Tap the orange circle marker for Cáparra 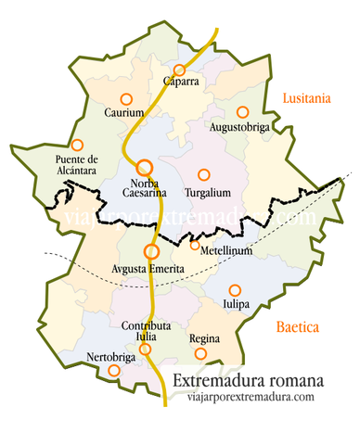(179, 70)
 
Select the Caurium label (124, 113)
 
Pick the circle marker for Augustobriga (242, 111)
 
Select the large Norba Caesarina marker (144, 168)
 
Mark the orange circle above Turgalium (203, 173)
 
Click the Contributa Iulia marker (145, 349)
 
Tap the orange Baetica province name (297, 326)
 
